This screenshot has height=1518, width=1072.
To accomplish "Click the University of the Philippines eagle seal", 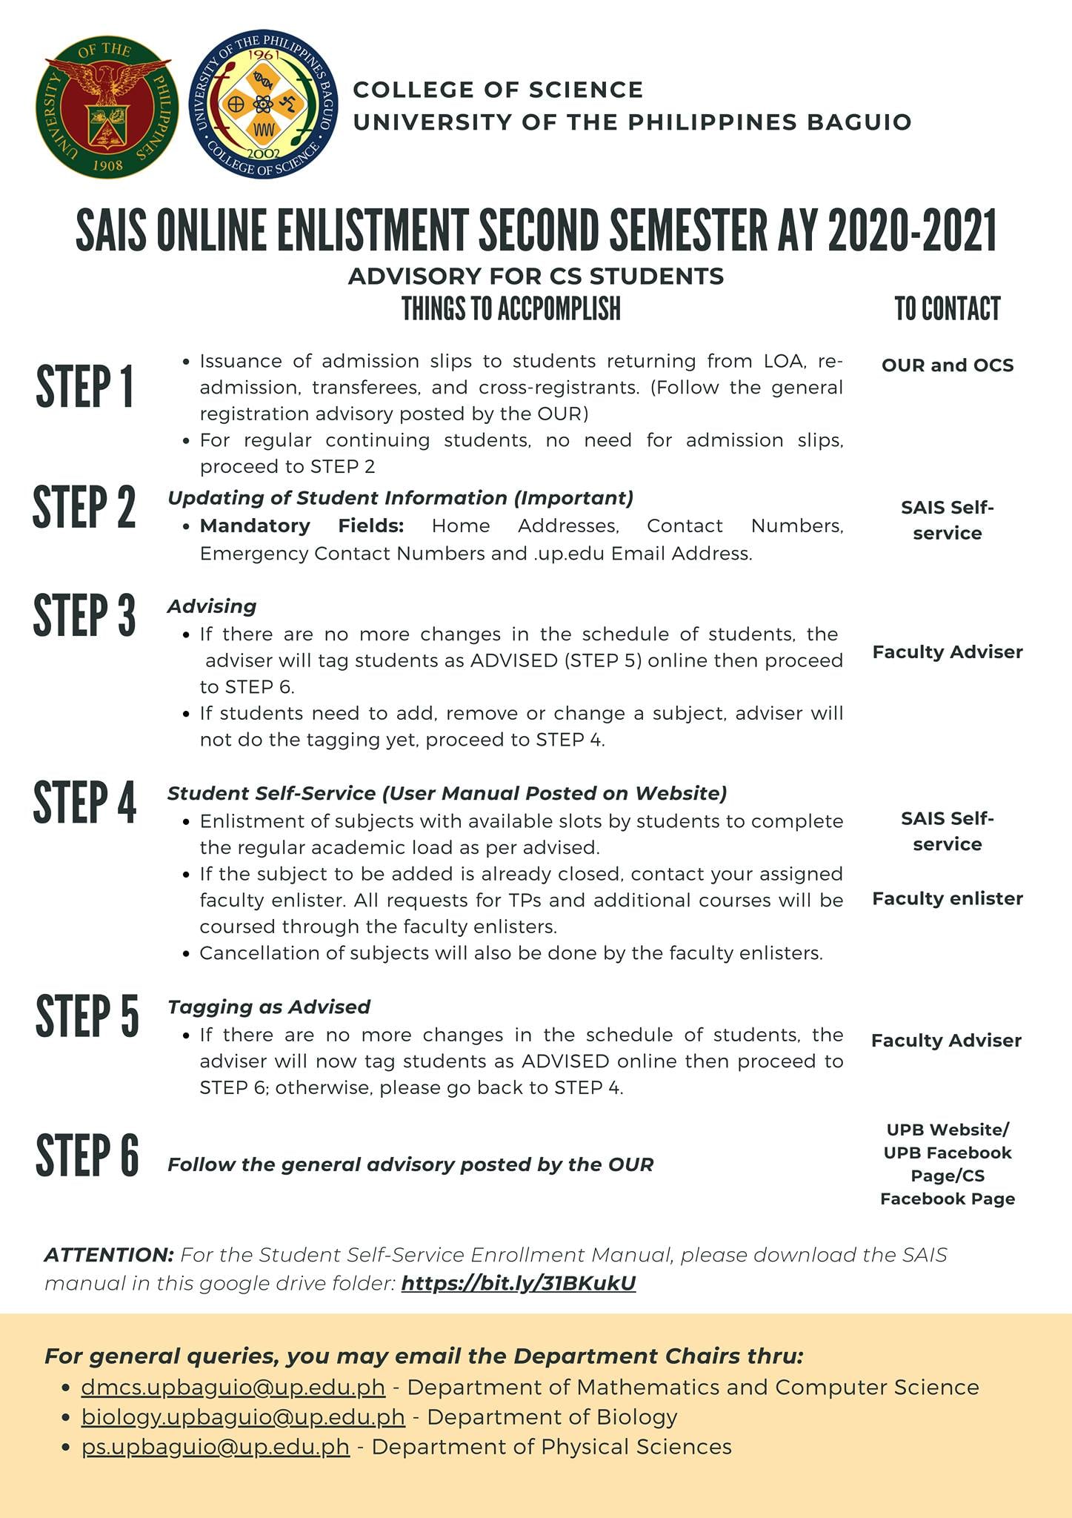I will [x=107, y=108].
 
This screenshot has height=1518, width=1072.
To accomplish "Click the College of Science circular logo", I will [x=264, y=108].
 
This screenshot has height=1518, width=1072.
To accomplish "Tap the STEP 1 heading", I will [x=84, y=386].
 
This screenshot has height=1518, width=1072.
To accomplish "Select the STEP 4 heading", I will [x=84, y=802].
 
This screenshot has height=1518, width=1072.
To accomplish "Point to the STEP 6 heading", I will [x=87, y=1155].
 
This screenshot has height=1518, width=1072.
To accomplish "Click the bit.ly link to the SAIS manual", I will [x=518, y=1283].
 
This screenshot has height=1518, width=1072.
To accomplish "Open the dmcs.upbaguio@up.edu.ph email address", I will [x=233, y=1387].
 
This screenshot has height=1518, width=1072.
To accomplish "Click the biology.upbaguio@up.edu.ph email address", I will [x=243, y=1416].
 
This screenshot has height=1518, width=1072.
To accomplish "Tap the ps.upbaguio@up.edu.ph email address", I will [x=215, y=1447].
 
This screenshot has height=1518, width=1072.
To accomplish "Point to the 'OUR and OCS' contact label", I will [x=947, y=365].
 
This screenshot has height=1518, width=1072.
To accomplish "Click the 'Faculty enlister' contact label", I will [x=947, y=898].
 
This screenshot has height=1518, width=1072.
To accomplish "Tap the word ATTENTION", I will [x=109, y=1255].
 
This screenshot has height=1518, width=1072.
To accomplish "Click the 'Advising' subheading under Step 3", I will [x=212, y=606].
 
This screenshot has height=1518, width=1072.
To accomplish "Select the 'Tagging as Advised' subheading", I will [x=269, y=1007].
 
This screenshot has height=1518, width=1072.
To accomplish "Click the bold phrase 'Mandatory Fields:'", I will [x=302, y=526].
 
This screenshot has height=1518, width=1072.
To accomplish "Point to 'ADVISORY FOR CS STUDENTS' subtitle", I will [x=536, y=276].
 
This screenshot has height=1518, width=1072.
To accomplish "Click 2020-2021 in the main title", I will [x=912, y=231].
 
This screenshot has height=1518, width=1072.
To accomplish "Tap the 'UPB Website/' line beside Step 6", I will [x=947, y=1130].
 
